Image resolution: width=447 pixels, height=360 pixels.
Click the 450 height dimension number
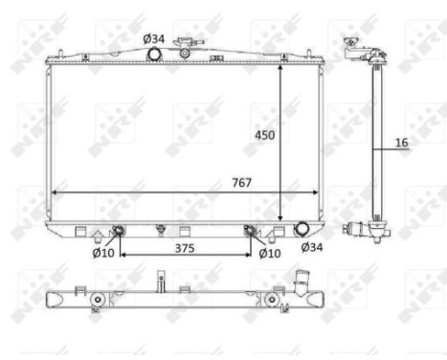265,135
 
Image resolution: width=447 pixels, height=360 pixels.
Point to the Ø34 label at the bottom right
312,247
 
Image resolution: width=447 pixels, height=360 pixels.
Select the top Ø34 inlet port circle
152,56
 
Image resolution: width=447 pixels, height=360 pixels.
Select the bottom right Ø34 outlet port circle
302,229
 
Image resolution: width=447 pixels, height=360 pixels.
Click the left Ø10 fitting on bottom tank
118,231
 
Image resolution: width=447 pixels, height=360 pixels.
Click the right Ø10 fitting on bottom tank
251,231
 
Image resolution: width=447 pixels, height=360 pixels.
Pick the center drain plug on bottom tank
161,230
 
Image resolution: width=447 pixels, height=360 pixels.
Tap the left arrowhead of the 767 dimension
54,191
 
